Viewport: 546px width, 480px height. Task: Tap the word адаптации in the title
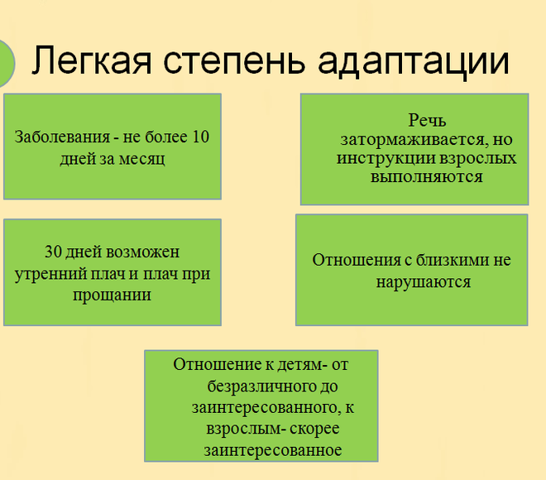(414, 63)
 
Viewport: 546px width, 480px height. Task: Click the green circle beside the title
(5, 64)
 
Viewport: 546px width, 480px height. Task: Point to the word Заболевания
(62, 137)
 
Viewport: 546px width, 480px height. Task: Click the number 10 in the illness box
(200, 137)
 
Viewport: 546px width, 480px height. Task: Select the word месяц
(142, 159)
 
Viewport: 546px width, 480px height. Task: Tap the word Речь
(427, 121)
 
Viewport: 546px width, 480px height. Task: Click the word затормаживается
(413, 140)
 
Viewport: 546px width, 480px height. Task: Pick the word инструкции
(386, 159)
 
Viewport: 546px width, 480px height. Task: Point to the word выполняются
(427, 176)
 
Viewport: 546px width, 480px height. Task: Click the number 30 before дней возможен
(53, 252)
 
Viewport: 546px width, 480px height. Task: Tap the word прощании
(113, 295)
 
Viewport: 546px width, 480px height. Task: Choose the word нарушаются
(424, 282)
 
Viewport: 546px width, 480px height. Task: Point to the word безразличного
(256, 386)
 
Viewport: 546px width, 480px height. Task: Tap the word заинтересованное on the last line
(273, 450)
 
